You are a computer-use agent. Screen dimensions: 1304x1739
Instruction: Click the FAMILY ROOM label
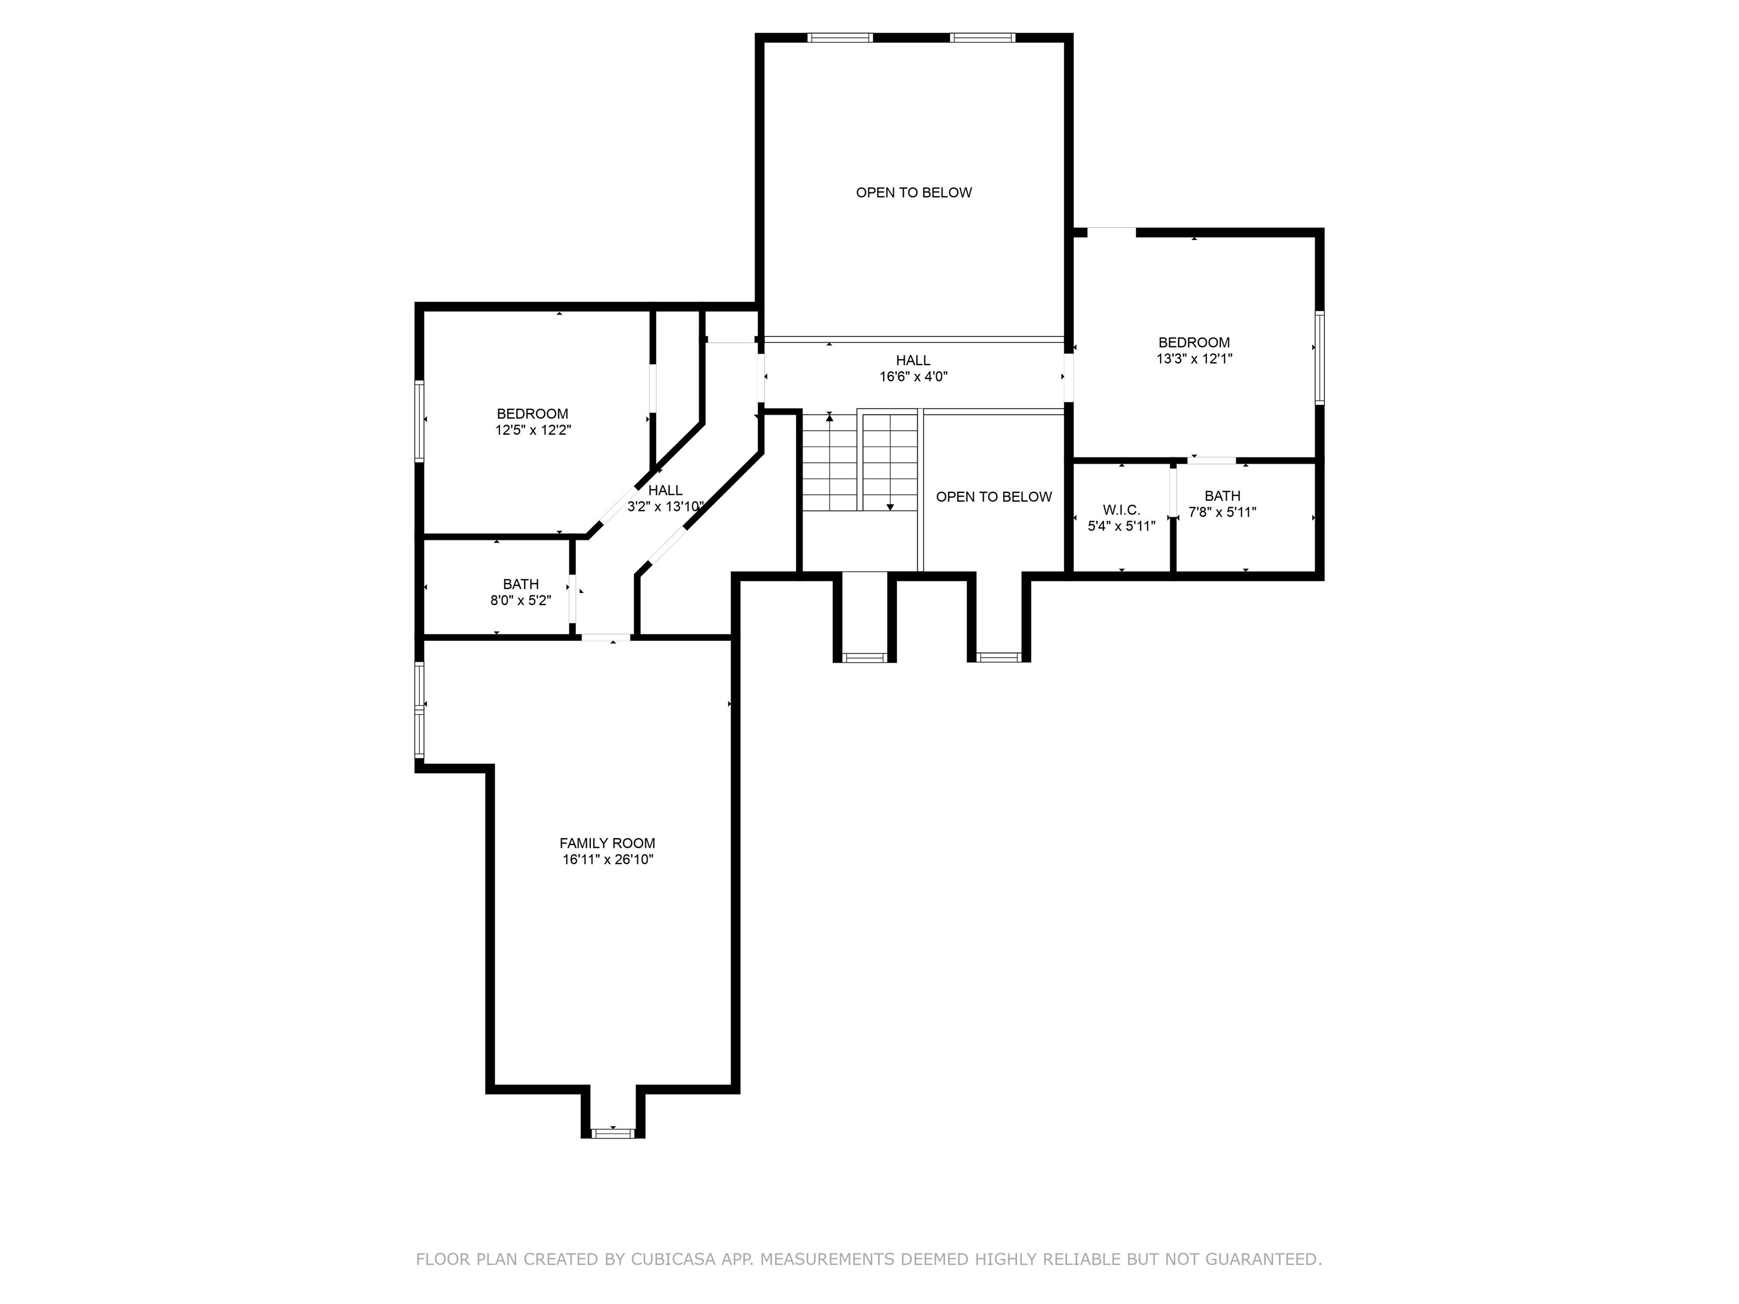click(607, 843)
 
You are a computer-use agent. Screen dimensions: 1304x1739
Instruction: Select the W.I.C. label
click(1121, 510)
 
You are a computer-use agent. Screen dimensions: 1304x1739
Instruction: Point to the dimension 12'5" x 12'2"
click(532, 431)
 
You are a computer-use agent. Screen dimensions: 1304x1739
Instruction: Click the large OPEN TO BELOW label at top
click(914, 192)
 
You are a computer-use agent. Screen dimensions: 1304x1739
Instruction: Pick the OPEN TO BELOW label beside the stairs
click(993, 497)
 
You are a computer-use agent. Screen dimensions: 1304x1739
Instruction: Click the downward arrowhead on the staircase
click(890, 507)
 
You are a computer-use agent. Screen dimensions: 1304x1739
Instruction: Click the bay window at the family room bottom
click(612, 1133)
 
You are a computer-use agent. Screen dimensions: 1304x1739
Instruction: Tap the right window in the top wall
click(982, 37)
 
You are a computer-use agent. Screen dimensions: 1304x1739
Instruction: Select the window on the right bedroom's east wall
click(1319, 358)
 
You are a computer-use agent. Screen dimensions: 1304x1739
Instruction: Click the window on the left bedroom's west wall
click(419, 421)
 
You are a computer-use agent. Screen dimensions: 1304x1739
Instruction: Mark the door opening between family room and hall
click(605, 637)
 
